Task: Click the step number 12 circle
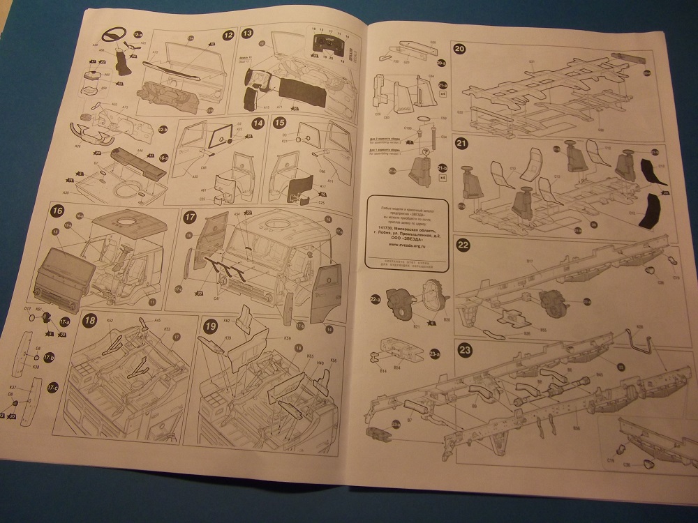click(x=228, y=34)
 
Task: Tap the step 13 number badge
click(x=248, y=33)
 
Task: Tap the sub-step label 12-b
click(x=163, y=130)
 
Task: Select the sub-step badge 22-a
click(x=375, y=299)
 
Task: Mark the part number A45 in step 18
click(x=157, y=320)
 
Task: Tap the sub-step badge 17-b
click(x=48, y=357)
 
